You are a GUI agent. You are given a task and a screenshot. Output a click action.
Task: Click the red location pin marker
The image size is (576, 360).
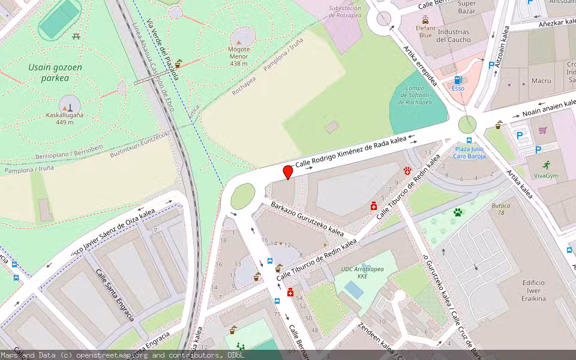[x=288, y=172]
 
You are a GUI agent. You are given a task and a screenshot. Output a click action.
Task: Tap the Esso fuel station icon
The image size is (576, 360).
[x=458, y=80]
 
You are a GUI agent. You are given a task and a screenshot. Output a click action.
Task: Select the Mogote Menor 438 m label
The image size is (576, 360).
[x=238, y=56]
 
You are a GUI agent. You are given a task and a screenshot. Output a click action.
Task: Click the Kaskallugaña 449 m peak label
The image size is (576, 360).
[x=65, y=118]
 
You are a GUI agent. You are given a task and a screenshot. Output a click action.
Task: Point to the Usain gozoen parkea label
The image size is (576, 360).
[x=55, y=73]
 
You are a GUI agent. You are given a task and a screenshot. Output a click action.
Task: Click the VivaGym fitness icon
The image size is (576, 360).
[x=546, y=165]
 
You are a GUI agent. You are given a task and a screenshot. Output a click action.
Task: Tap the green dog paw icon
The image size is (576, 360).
[x=458, y=212]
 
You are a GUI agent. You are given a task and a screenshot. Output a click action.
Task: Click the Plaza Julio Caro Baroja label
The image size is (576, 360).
[x=469, y=152]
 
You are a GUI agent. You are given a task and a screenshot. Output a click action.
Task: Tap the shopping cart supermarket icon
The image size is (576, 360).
[x=543, y=130]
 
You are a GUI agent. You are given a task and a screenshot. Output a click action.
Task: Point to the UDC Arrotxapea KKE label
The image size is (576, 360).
[x=362, y=272]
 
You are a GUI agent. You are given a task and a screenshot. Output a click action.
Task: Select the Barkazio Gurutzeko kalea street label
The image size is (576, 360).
[x=307, y=218]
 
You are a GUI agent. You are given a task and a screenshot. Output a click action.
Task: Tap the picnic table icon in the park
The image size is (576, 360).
[x=76, y=37]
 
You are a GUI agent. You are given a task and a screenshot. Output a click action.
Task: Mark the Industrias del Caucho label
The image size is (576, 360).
[x=453, y=35]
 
